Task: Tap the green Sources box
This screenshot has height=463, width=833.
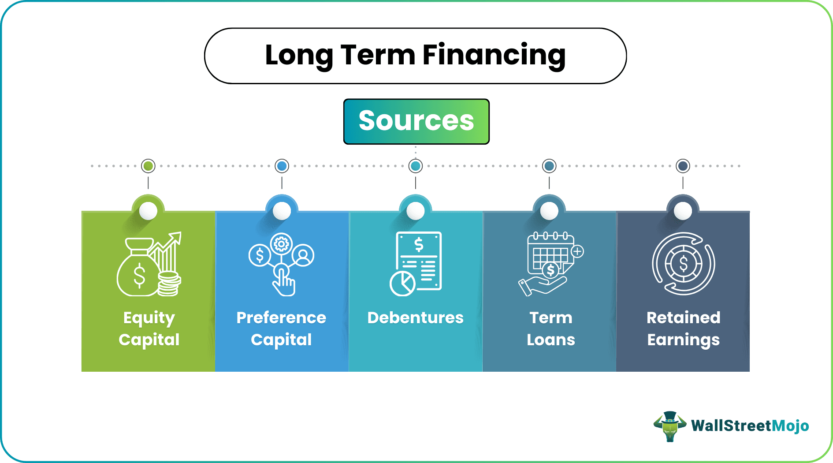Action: tap(416, 121)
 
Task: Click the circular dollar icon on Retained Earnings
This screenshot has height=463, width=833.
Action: tap(683, 264)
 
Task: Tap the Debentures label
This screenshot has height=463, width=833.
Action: tap(415, 318)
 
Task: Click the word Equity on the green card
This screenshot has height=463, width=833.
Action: tap(149, 318)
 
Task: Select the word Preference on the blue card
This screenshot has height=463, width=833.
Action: tap(281, 318)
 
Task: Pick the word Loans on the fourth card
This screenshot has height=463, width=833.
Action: tap(551, 340)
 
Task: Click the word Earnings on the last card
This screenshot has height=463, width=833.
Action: tap(683, 340)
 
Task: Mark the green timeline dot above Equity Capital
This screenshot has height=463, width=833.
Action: tap(148, 166)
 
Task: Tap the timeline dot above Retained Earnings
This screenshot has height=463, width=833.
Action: tap(683, 166)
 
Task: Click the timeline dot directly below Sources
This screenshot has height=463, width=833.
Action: tap(415, 166)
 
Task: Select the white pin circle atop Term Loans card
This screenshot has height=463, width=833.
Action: tap(549, 211)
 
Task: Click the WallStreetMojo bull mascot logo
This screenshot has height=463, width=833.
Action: tap(669, 426)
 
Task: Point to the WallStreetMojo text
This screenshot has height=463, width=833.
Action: tap(750, 426)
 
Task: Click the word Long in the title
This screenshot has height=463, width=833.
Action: tap(298, 55)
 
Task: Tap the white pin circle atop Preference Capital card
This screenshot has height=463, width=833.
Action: tap(282, 211)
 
